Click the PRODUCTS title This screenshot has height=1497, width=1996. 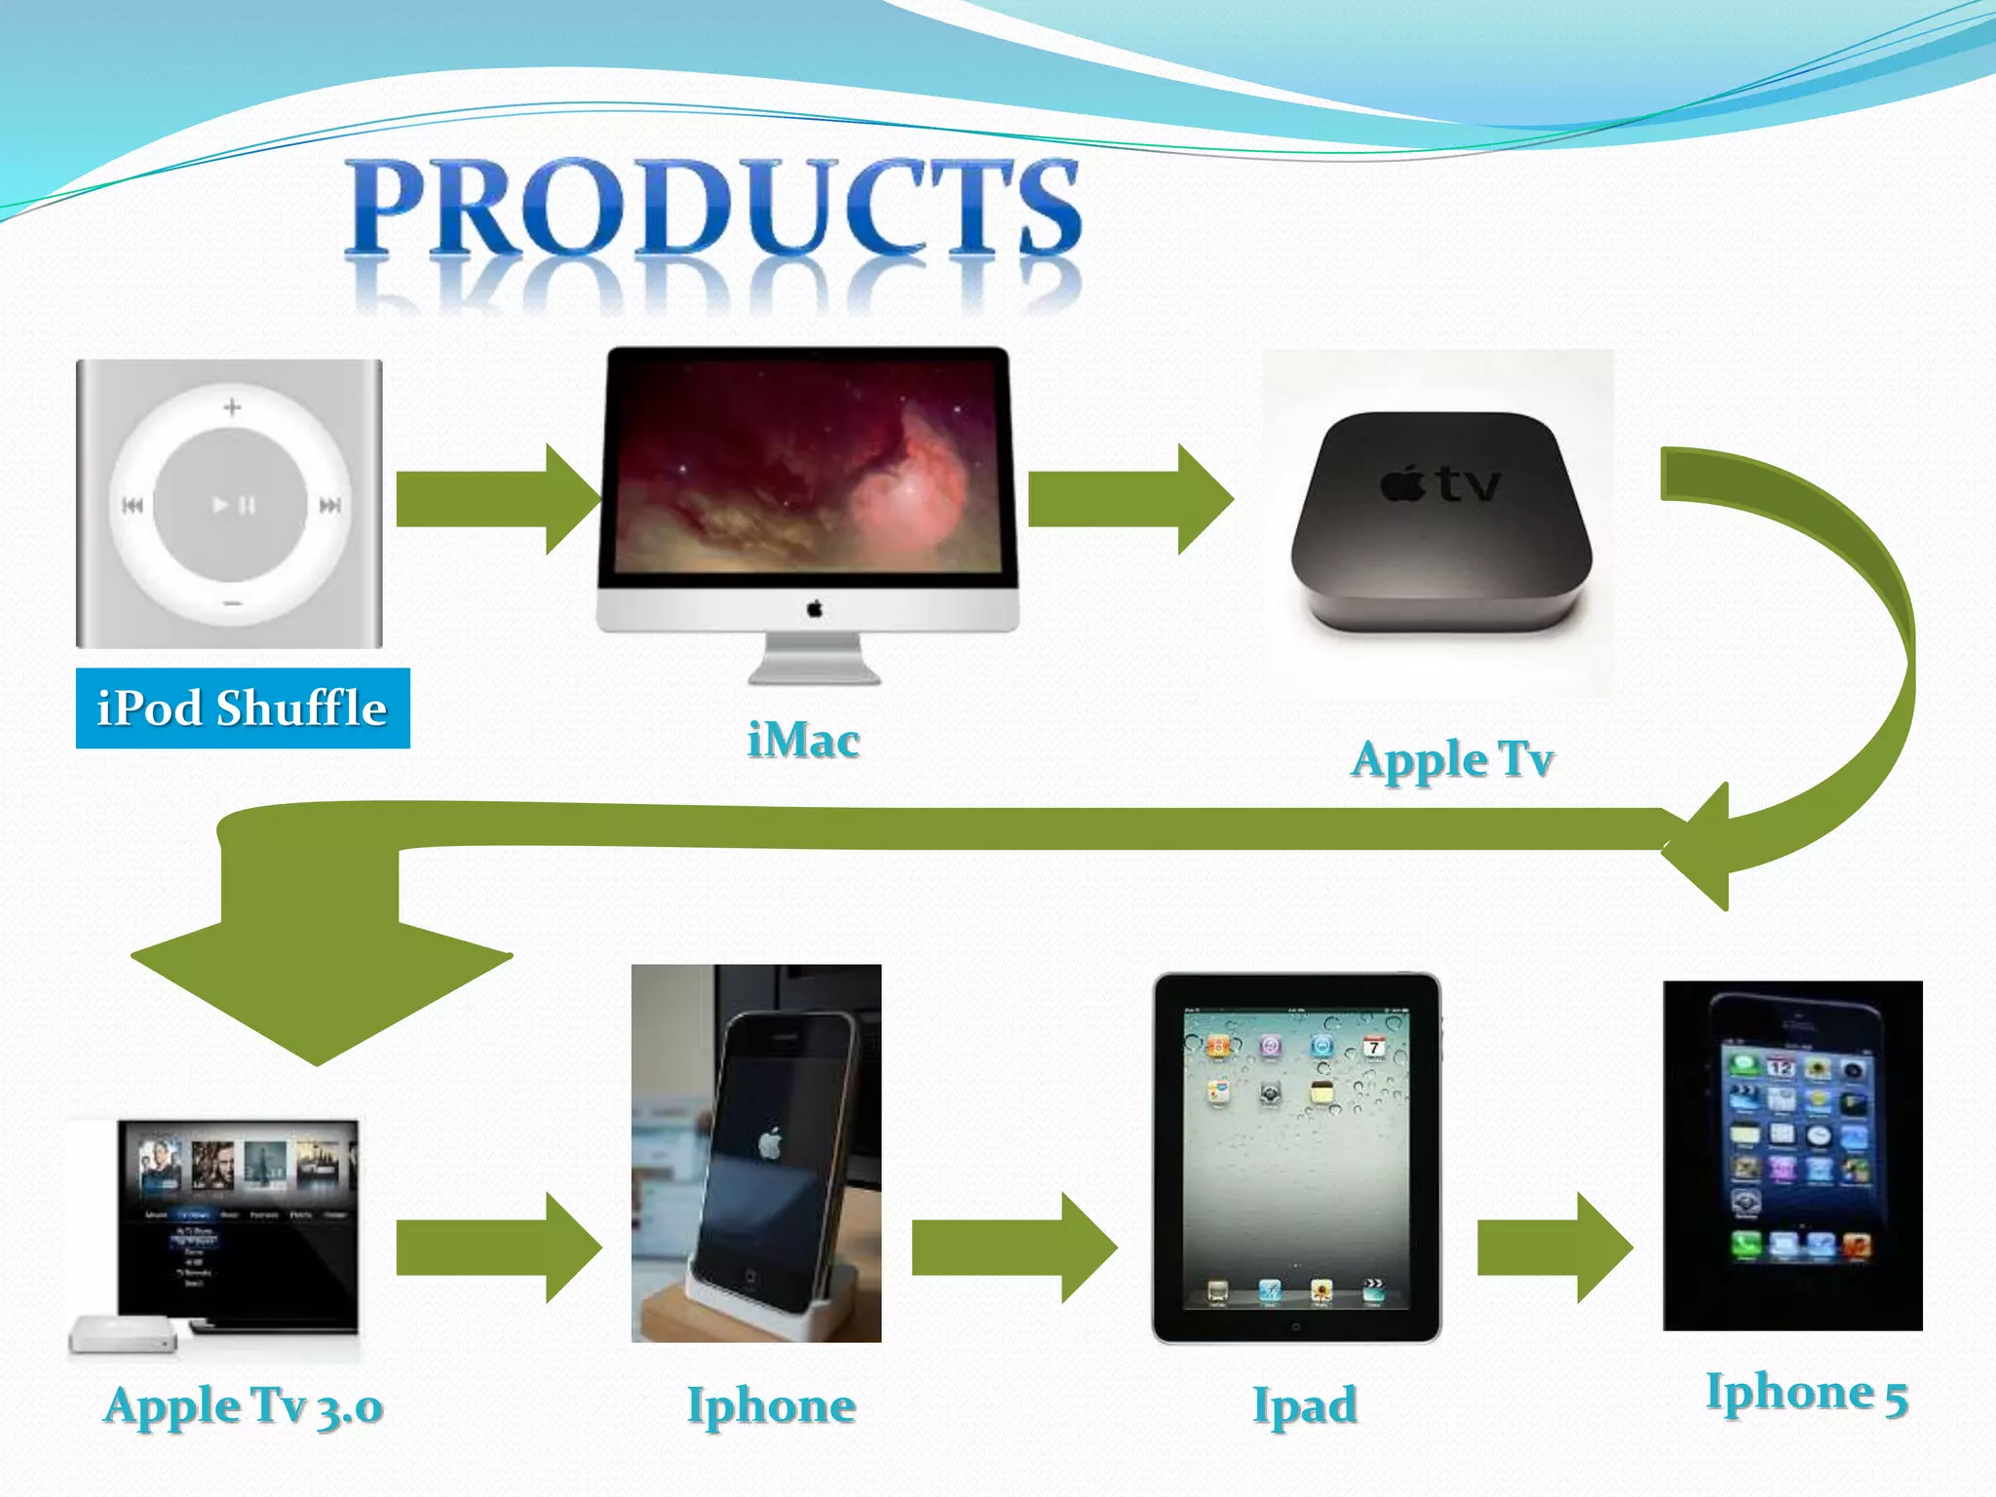click(x=713, y=208)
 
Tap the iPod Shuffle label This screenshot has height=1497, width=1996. click(x=243, y=709)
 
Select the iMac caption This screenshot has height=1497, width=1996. click(x=803, y=741)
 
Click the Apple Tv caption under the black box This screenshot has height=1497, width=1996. click(x=1451, y=760)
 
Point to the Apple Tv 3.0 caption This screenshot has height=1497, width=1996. click(x=243, y=1406)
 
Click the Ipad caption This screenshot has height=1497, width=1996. click(x=1304, y=1406)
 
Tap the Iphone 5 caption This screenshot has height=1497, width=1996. click(x=1806, y=1394)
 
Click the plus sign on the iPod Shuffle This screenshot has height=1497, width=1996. click(x=232, y=407)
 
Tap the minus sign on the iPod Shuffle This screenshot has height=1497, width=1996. click(x=232, y=603)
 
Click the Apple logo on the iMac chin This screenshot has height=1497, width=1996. click(x=814, y=609)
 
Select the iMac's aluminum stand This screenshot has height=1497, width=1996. click(x=814, y=659)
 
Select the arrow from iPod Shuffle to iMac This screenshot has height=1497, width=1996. click(x=497, y=500)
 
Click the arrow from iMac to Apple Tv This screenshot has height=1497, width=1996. click(x=1130, y=500)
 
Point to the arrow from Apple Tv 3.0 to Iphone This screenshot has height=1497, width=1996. click(x=497, y=1247)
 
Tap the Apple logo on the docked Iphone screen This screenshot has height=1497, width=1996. click(x=771, y=1142)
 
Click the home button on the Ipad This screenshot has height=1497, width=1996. click(x=1295, y=1326)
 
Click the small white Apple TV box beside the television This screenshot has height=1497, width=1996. click(x=123, y=1334)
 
